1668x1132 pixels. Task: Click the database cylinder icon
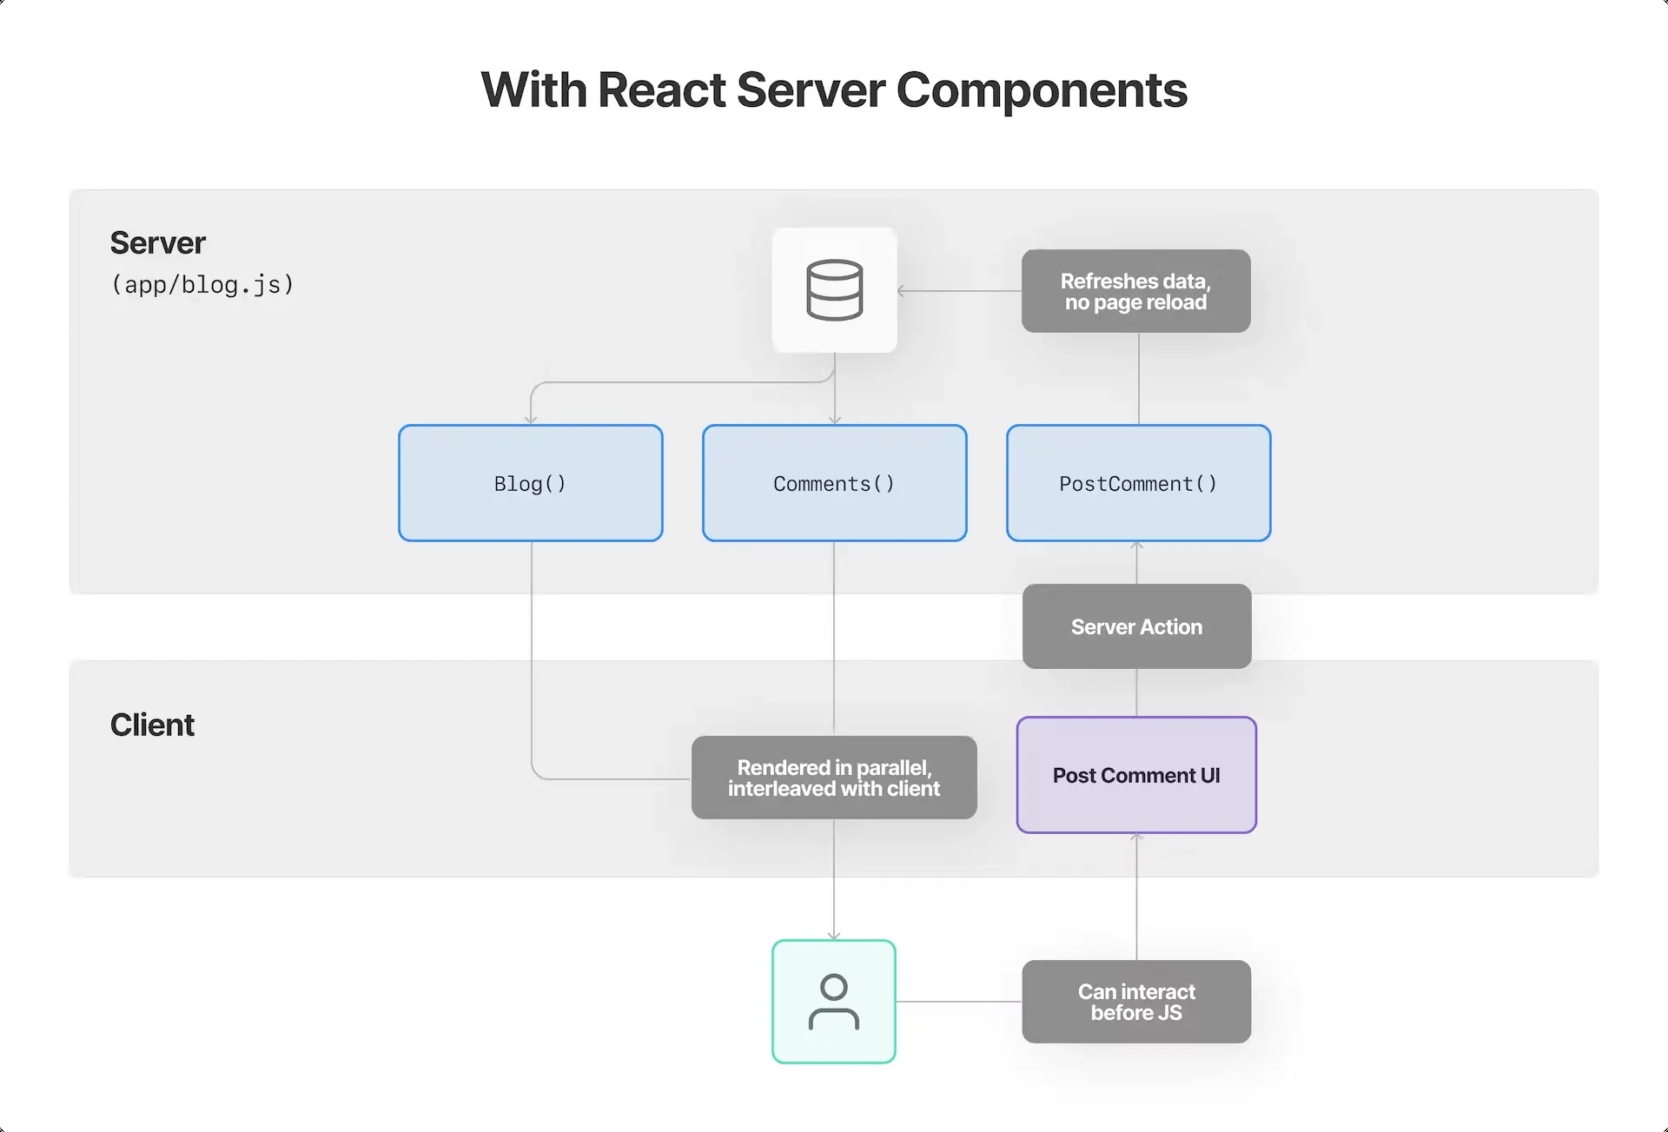[x=834, y=290]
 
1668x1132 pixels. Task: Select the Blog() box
[x=530, y=483]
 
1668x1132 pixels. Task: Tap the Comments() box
[x=834, y=483]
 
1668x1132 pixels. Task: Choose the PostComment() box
[x=1138, y=483]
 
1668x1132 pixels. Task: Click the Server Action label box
[x=1136, y=626]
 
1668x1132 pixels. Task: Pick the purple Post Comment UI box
[x=1136, y=775]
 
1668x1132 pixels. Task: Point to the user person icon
[x=834, y=1002]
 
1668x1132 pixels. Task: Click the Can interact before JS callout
[x=1136, y=1002]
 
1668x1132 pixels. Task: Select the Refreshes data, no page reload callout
[x=1135, y=291]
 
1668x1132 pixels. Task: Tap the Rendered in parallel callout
[x=834, y=778]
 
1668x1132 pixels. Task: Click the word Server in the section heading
[x=157, y=243]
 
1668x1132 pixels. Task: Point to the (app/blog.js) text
[x=202, y=284]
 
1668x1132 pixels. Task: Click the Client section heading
[x=152, y=725]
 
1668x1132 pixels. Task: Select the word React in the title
[x=662, y=90]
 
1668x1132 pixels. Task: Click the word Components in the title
[x=1041, y=90]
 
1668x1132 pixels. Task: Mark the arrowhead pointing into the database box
[x=902, y=291]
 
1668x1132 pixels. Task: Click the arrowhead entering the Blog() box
[x=531, y=420]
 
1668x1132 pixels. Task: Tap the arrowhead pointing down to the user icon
[x=834, y=936]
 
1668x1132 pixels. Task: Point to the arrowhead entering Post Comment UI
[x=1136, y=837]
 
